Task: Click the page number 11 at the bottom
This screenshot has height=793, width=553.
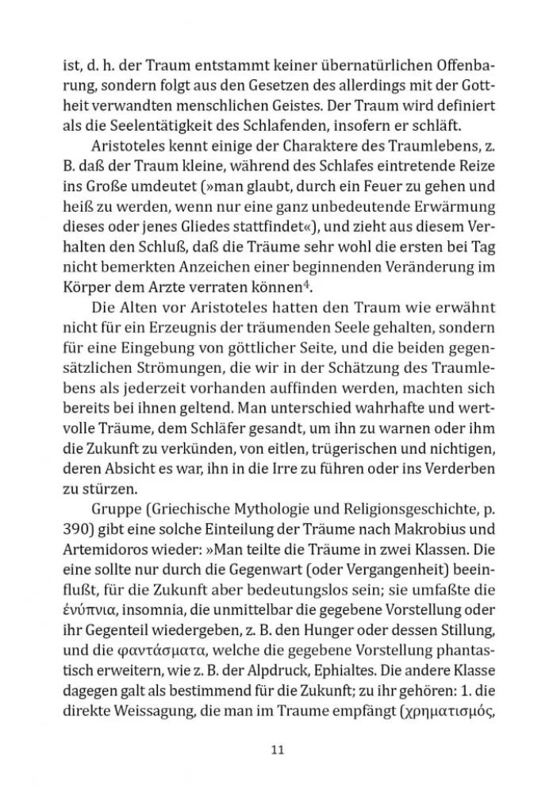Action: point(276,749)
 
